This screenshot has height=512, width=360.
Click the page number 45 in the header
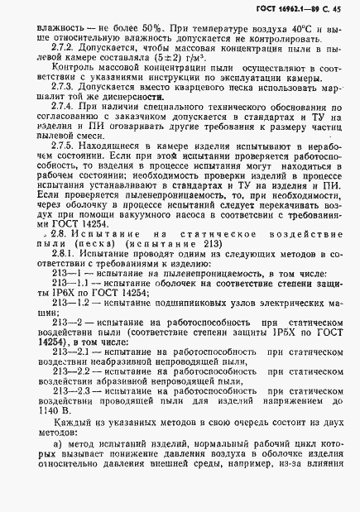click(x=335, y=11)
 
